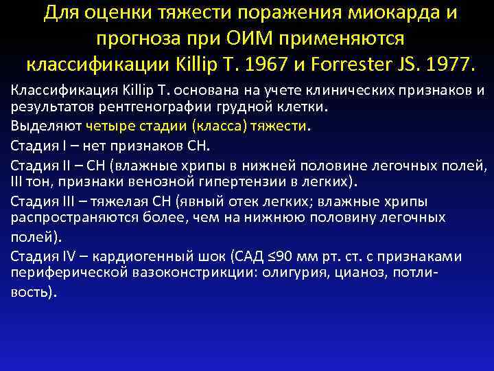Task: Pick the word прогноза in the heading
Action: click(134, 39)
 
